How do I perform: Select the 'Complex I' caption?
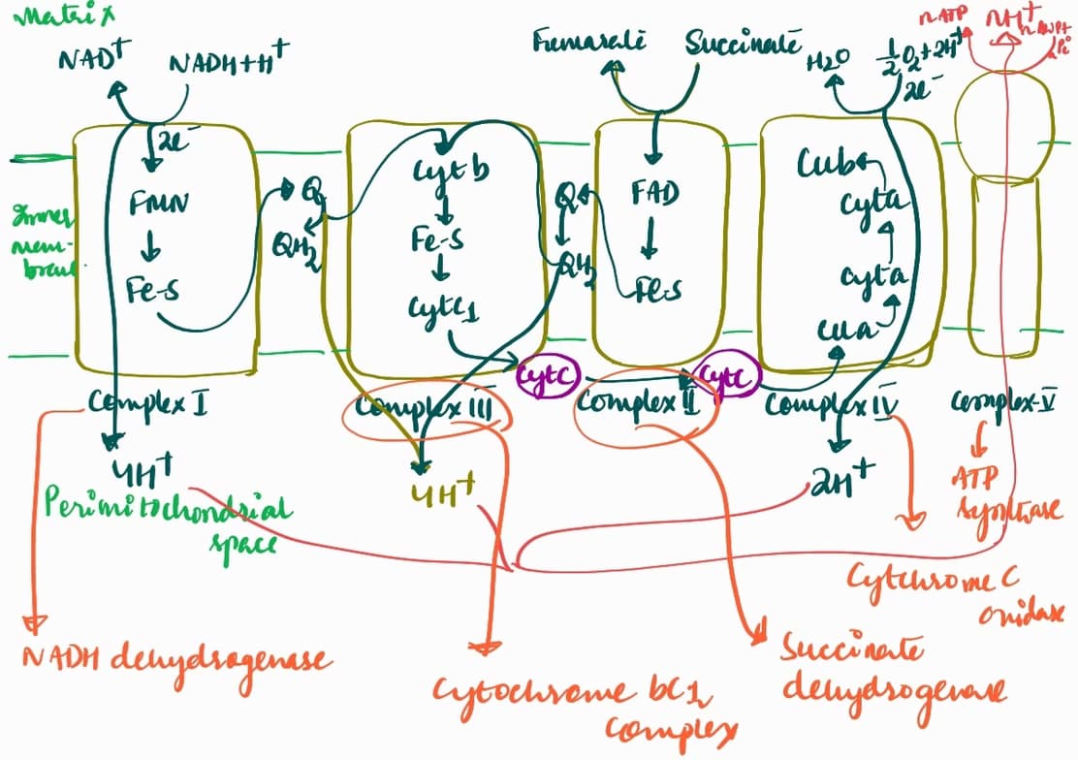[x=147, y=401]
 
